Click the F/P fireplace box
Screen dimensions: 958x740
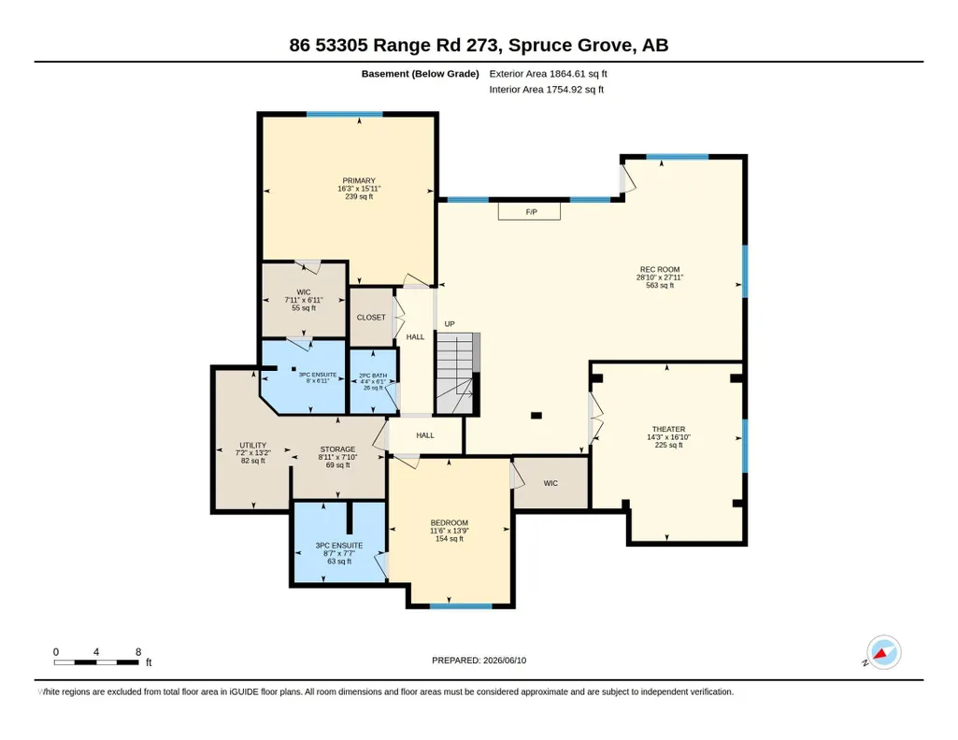point(529,211)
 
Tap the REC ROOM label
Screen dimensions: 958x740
point(660,269)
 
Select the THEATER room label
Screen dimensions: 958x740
point(668,429)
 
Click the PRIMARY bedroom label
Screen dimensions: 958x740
point(359,180)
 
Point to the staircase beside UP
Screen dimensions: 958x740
point(458,373)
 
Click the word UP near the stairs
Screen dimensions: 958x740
point(450,324)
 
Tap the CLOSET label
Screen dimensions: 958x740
point(371,318)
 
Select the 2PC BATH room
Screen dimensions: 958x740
point(373,381)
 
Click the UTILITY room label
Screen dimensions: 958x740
point(253,445)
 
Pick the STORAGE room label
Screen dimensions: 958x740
point(337,449)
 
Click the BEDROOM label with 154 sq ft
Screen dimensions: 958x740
point(449,522)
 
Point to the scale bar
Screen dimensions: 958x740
point(96,662)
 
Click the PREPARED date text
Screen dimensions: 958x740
point(479,660)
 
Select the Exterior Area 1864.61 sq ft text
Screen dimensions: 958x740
point(548,74)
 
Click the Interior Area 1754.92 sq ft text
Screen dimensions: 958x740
point(546,89)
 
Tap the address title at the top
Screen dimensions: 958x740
point(479,45)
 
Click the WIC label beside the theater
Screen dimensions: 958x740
point(550,483)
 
